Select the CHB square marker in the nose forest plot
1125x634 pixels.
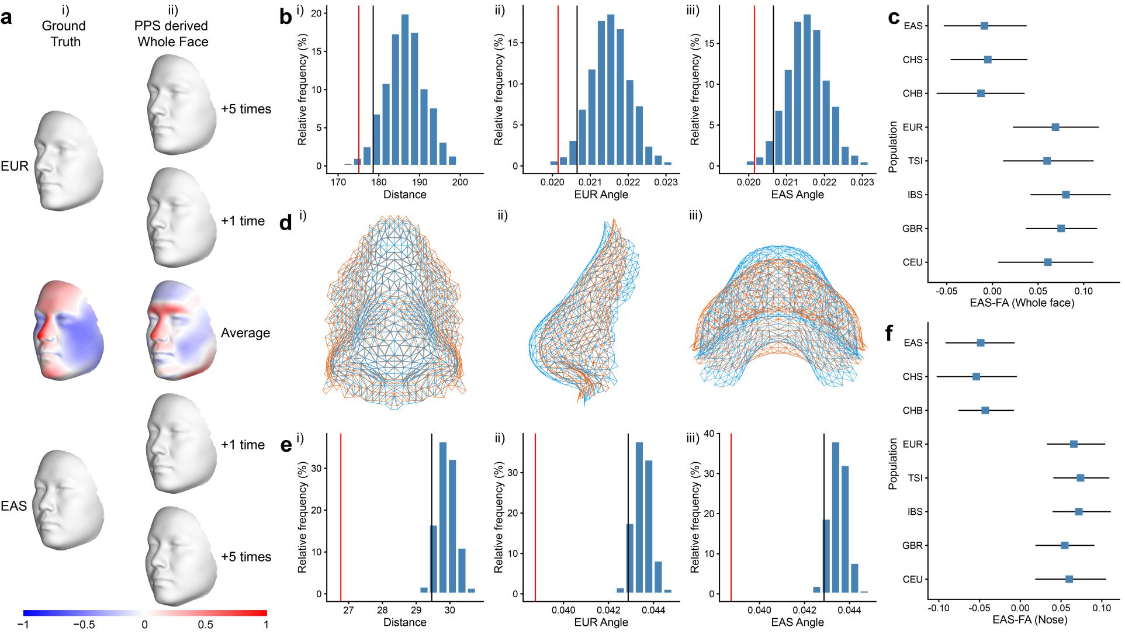tap(985, 411)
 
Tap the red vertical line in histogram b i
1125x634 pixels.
tap(358, 88)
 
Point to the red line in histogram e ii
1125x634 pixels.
tap(535, 514)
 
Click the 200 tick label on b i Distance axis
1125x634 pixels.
tap(460, 181)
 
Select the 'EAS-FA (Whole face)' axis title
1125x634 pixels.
tap(1022, 303)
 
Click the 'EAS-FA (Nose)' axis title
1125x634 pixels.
tap(1020, 619)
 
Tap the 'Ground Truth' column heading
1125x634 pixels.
tap(65, 34)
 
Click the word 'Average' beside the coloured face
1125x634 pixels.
tap(245, 333)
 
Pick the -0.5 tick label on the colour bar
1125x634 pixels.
tap(84, 624)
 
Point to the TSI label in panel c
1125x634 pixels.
tap(915, 161)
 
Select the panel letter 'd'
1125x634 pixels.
tap(286, 223)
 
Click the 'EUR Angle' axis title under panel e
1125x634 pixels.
tap(601, 622)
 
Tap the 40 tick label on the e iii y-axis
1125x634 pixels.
tap(709, 434)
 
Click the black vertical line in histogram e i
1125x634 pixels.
tap(431, 514)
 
